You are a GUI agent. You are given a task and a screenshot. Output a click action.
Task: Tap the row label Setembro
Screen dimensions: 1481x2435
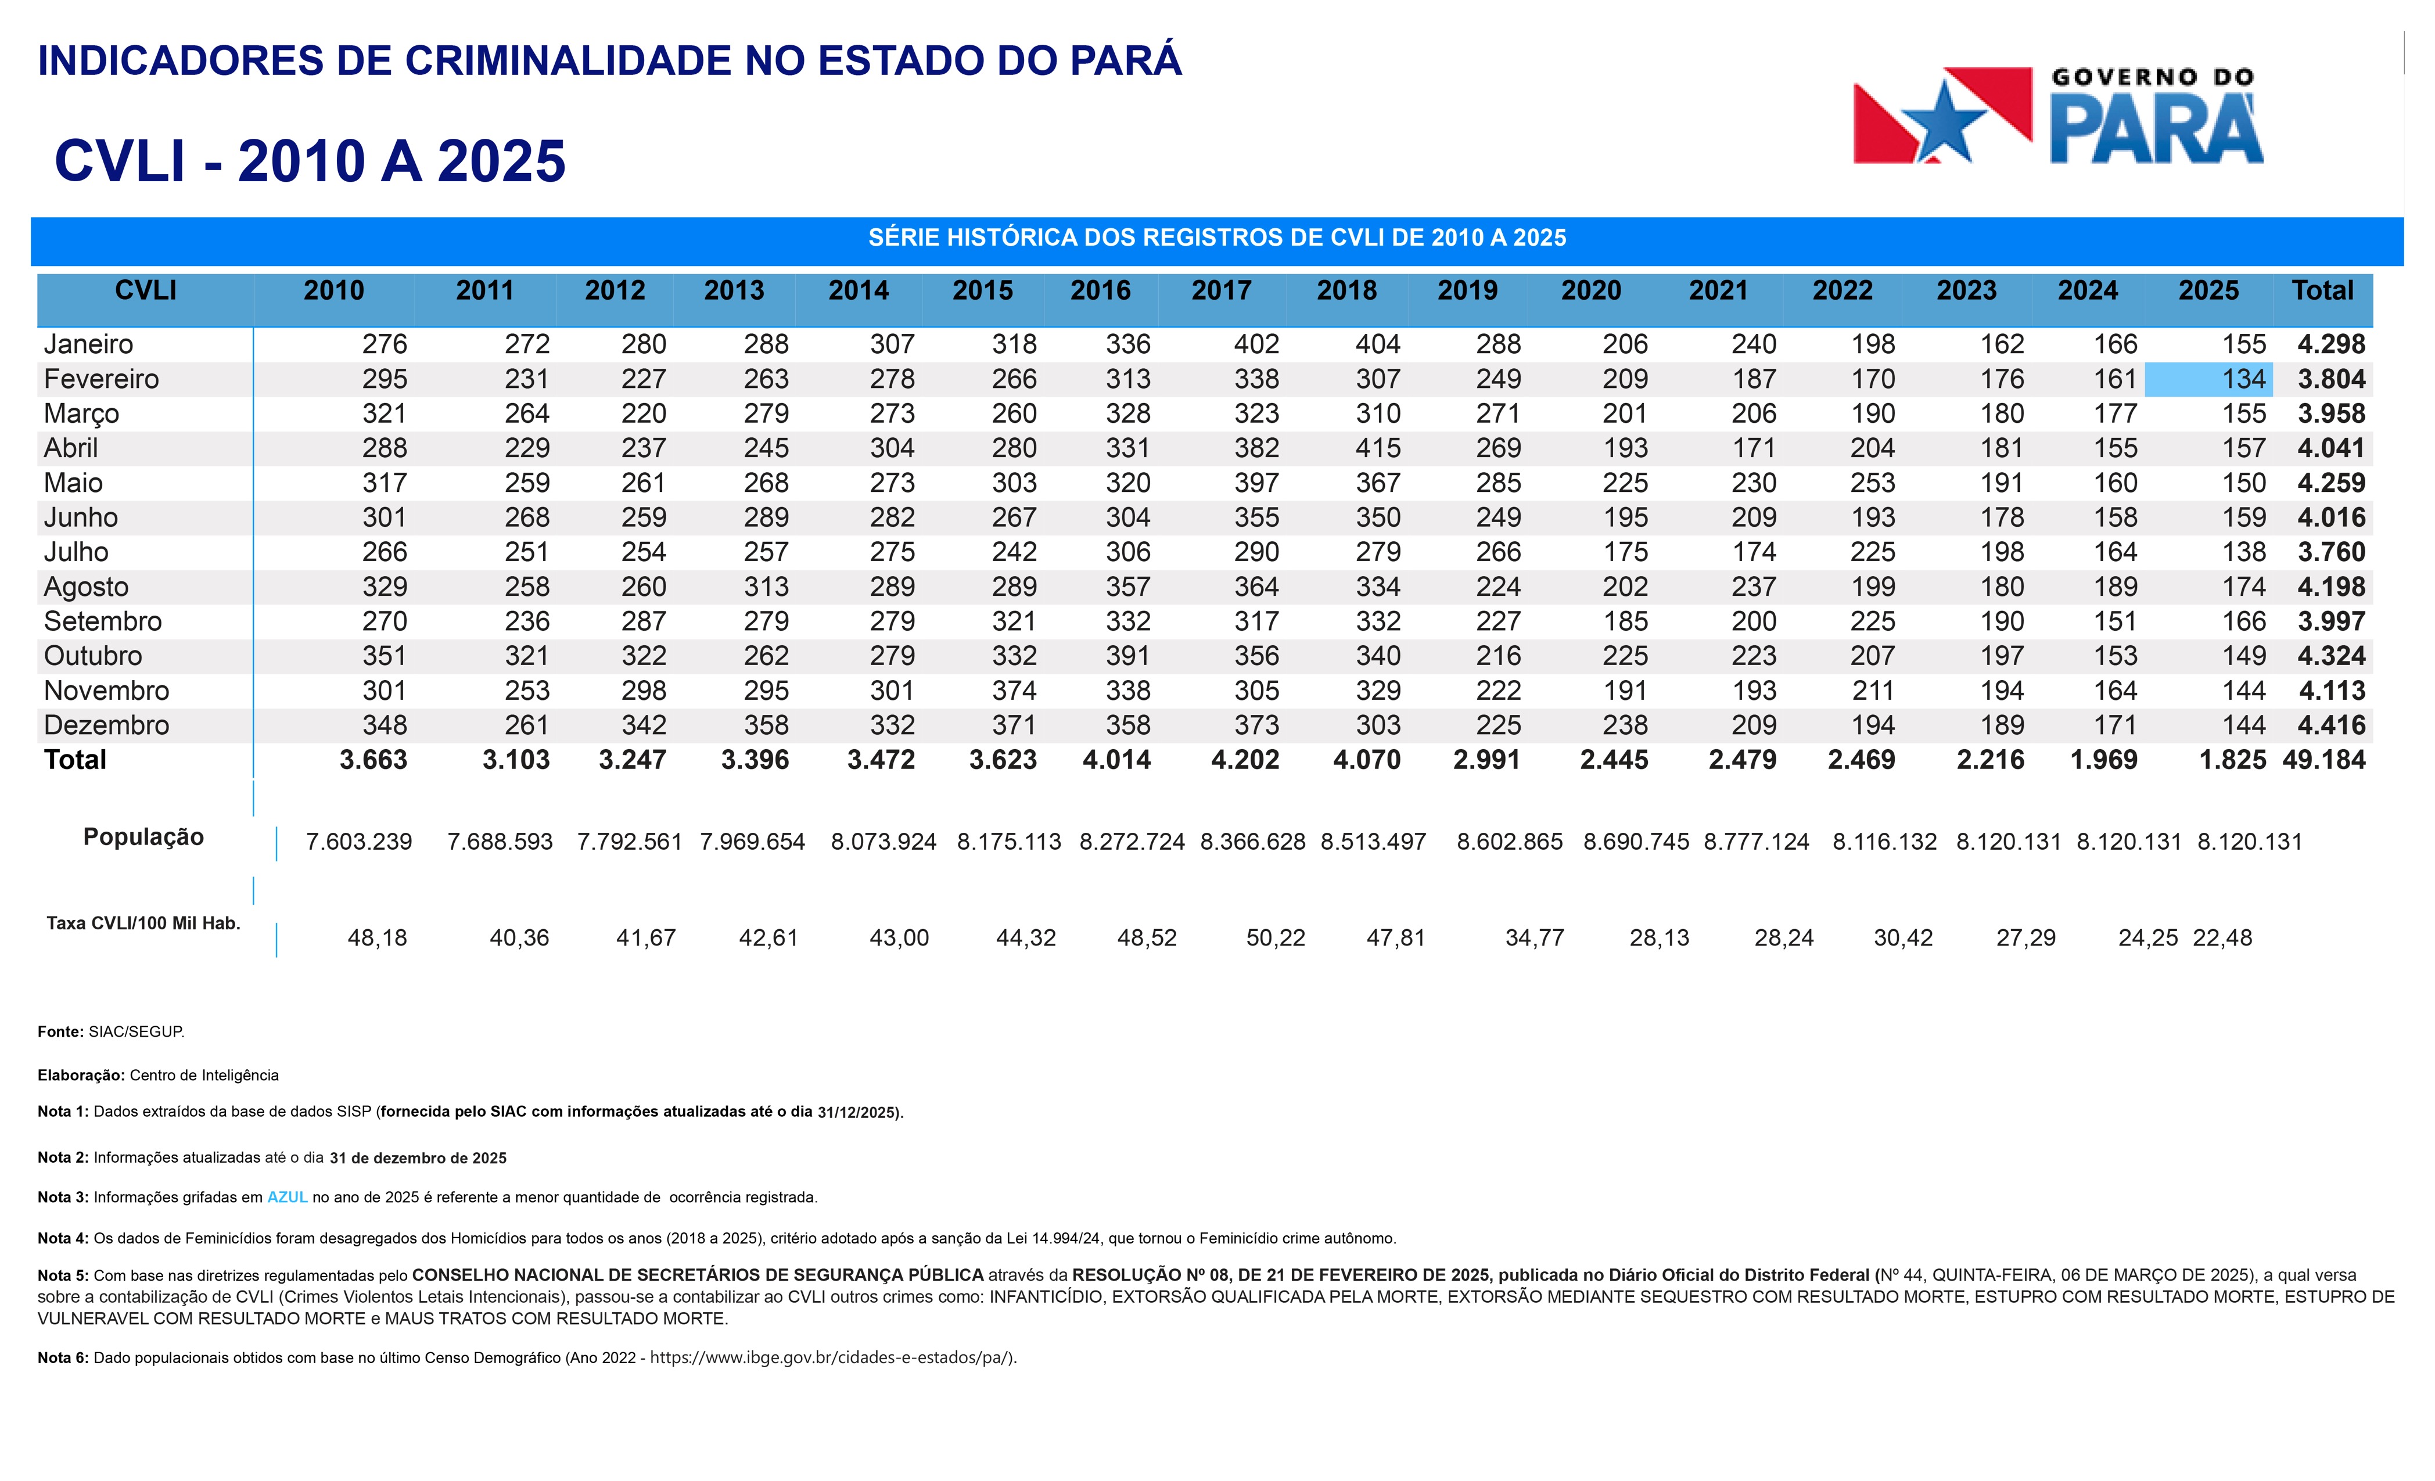103,621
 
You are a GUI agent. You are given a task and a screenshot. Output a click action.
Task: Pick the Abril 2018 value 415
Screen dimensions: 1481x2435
1378,448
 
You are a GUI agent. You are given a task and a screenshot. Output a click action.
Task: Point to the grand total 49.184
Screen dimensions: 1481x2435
2323,760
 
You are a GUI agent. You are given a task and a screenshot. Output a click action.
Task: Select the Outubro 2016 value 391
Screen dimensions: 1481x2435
1127,656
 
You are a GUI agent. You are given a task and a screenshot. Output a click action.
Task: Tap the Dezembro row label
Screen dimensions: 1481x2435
107,725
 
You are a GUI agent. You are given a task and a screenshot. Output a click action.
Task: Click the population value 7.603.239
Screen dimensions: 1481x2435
359,842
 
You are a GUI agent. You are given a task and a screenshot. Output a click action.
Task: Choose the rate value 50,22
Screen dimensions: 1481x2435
1275,937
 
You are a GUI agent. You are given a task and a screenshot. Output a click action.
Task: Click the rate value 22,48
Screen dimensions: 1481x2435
2222,937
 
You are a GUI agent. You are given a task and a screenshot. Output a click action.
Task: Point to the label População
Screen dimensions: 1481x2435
143,837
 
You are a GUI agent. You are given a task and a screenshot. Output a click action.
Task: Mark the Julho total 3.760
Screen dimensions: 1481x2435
2331,552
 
